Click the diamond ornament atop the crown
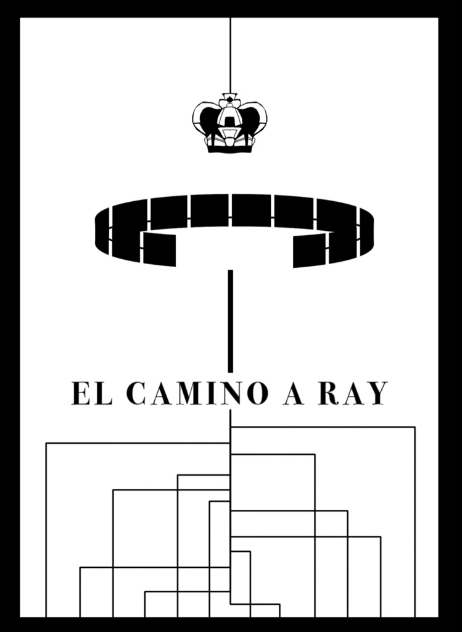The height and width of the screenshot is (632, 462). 229,98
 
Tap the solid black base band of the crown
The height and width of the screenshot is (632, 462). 229,149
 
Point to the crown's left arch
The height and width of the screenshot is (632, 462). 205,119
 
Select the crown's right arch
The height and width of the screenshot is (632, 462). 254,119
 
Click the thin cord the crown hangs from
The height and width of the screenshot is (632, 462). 230,55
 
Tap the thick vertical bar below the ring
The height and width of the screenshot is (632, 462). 231,321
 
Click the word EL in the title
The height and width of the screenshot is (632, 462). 92,393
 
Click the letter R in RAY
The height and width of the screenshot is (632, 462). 329,393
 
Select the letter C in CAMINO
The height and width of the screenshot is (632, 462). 136,393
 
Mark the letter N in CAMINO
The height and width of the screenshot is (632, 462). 230,393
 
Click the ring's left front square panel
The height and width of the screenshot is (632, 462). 160,249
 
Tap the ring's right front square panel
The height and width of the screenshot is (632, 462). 310,251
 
